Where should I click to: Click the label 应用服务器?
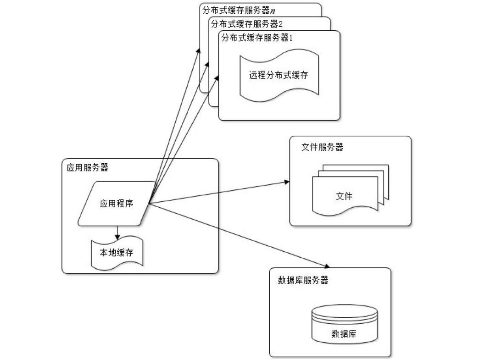88,167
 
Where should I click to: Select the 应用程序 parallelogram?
117,204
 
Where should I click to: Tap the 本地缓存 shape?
117,253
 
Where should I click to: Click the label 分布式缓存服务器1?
257,38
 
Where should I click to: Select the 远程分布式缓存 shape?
278,75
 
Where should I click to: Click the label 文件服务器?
322,147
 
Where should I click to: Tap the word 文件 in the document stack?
344,196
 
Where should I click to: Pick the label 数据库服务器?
303,281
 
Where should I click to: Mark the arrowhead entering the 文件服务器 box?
287,182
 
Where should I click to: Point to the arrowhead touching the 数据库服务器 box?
328,266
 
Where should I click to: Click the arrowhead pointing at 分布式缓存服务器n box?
199,50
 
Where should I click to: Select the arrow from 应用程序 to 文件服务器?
220,193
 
